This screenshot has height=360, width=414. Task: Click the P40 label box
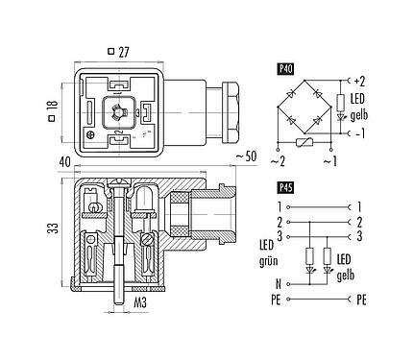tap(285, 68)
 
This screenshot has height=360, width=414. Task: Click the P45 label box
tap(285, 188)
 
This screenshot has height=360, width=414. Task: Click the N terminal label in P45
tap(279, 284)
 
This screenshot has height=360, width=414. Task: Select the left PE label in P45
tap(278, 300)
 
